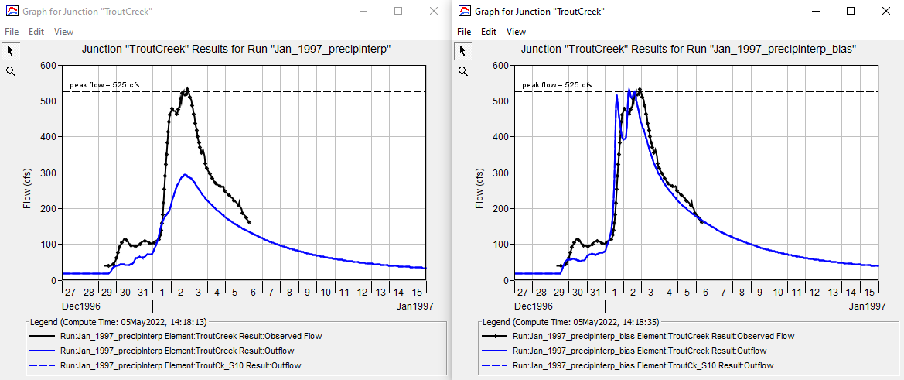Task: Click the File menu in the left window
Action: pos(12,32)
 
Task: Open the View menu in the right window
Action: pos(516,32)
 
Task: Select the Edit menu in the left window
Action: pos(36,32)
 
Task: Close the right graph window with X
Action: pos(885,11)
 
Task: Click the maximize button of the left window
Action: pos(398,11)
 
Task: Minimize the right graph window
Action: pos(816,11)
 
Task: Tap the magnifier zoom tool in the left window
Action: pos(10,71)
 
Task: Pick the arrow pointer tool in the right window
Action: pos(463,51)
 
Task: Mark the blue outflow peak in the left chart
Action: pos(185,174)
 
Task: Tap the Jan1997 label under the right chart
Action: pos(867,306)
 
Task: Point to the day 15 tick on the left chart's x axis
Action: pos(417,292)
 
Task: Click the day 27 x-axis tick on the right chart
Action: pos(522,292)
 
